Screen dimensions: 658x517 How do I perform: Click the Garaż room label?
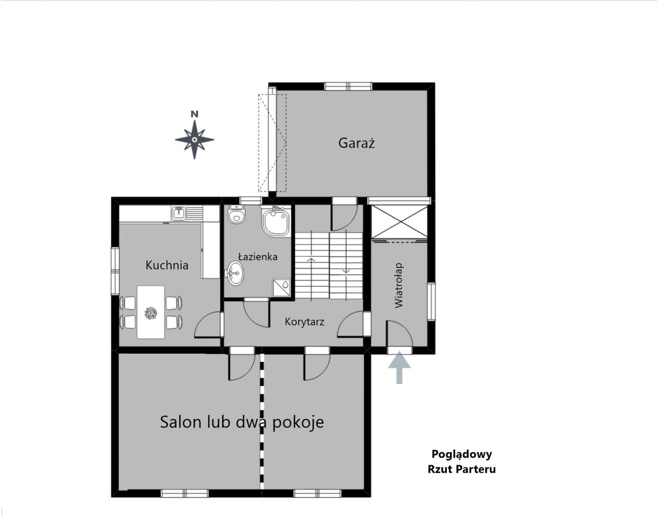pyautogui.click(x=356, y=143)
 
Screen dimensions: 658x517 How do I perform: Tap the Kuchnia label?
pyautogui.click(x=167, y=265)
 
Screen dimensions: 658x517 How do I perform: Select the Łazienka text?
pyautogui.click(x=258, y=257)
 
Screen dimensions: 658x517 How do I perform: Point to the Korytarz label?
pyautogui.click(x=304, y=321)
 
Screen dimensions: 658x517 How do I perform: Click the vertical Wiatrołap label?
pyautogui.click(x=399, y=286)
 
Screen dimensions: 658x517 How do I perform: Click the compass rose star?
pyautogui.click(x=195, y=140)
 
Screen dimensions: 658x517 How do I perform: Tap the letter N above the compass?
pyautogui.click(x=195, y=114)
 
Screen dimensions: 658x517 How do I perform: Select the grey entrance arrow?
pyautogui.click(x=399, y=367)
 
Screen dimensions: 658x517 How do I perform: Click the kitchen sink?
pyautogui.click(x=179, y=214)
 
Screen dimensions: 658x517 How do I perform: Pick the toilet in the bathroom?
pyautogui.click(x=236, y=214)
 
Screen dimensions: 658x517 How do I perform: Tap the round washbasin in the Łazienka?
pyautogui.click(x=235, y=273)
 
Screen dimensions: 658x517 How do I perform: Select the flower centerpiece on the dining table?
pyautogui.click(x=151, y=313)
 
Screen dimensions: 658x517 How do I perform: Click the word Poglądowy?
pyautogui.click(x=462, y=454)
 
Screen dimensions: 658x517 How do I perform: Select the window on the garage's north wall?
pyautogui.click(x=348, y=86)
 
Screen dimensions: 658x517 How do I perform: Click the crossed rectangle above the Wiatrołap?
pyautogui.click(x=399, y=222)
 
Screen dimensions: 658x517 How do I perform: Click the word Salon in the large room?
pyautogui.click(x=180, y=422)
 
